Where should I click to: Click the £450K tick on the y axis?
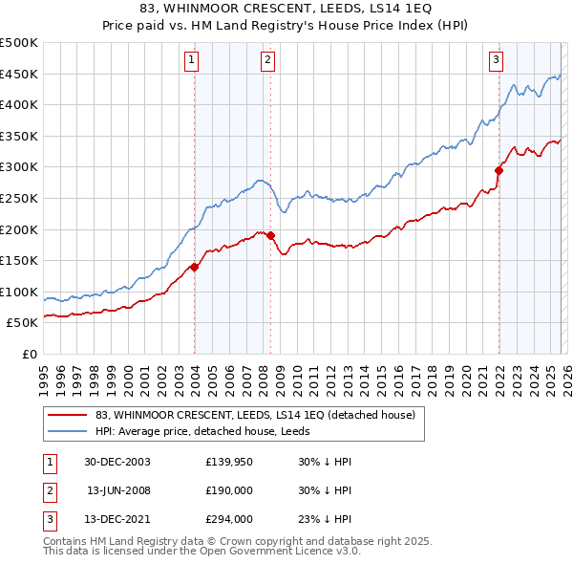point(19,74)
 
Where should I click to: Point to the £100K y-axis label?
point(19,292)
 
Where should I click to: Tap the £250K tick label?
point(19,198)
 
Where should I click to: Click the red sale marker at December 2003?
point(194,267)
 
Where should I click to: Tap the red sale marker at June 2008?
point(270,235)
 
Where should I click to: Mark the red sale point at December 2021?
point(499,171)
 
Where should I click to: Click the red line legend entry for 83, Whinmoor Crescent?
point(255,415)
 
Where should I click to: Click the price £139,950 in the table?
point(230,462)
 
